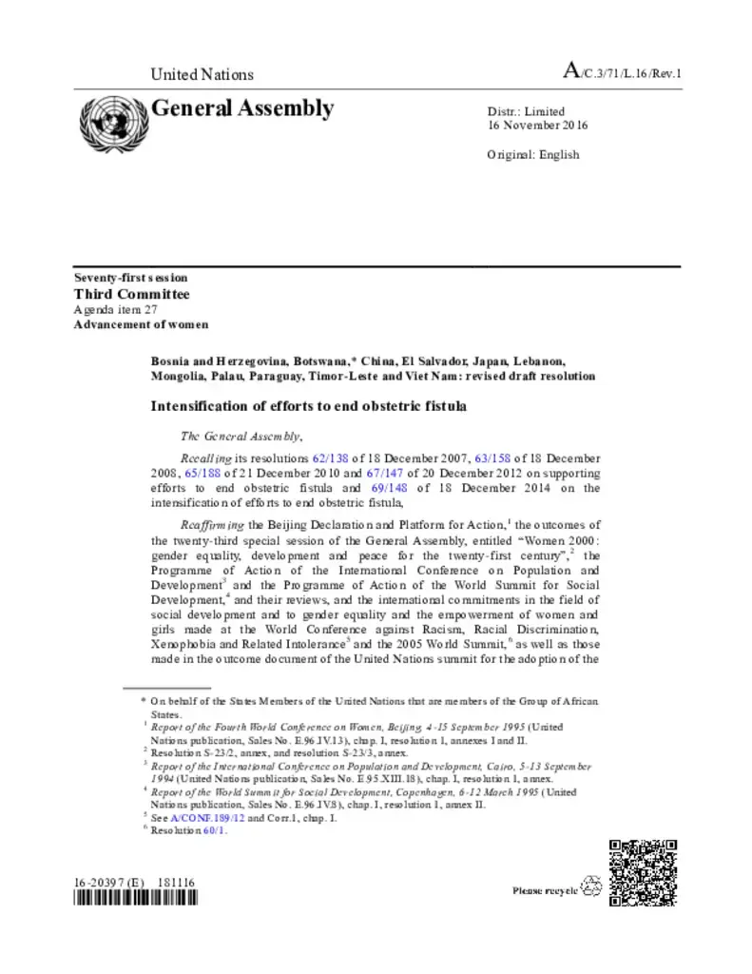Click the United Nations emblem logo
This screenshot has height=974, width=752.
109,123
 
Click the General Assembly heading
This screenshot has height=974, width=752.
242,108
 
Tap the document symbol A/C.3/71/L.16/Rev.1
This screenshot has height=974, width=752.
623,72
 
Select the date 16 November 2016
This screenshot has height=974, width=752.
537,126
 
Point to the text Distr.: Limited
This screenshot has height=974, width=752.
526,111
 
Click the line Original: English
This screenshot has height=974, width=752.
532,154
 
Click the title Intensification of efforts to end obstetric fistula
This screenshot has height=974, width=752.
309,406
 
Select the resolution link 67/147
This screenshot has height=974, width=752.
383,473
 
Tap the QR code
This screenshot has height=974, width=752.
643,872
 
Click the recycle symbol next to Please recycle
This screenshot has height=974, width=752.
590,886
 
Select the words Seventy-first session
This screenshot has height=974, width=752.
130,278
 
